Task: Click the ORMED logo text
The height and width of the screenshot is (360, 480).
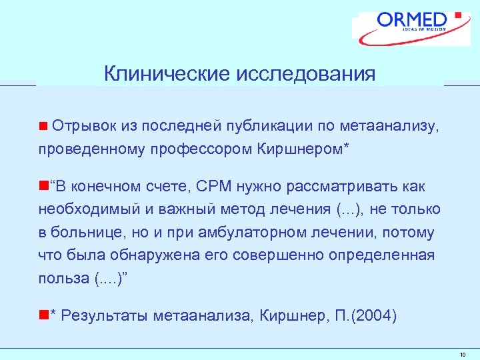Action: [412, 19]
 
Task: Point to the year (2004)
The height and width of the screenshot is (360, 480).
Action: [373, 316]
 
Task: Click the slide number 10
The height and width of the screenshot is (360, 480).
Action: [463, 354]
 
